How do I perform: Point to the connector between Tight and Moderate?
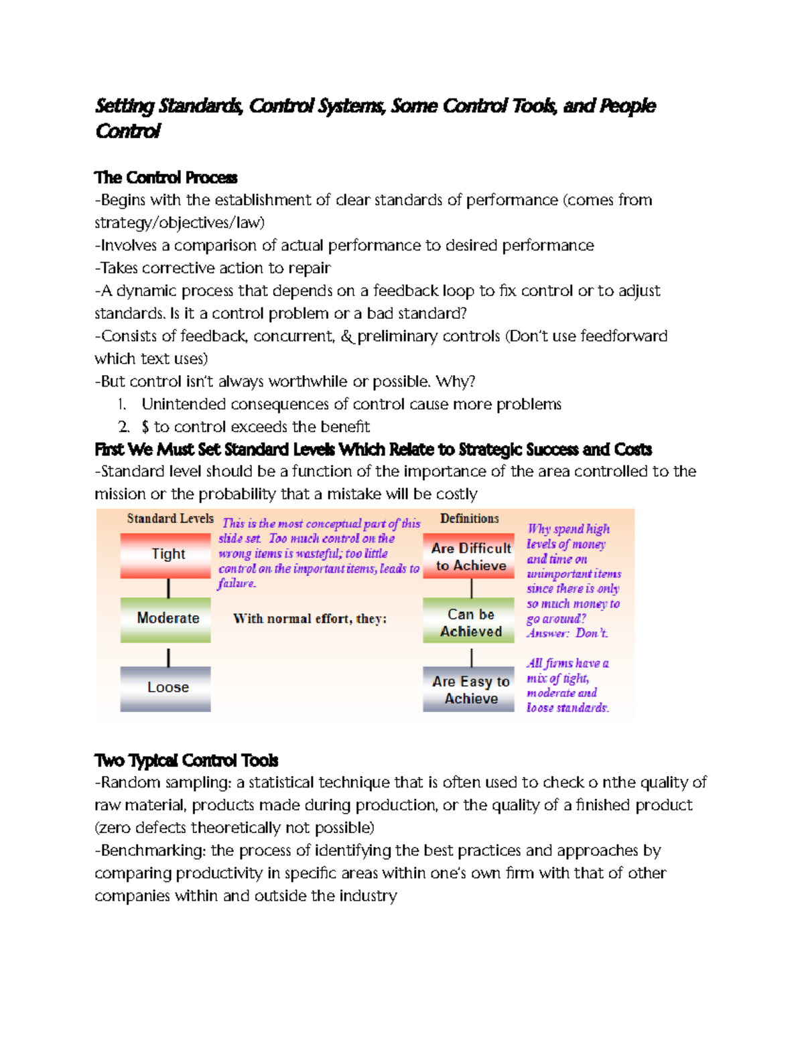point(168,588)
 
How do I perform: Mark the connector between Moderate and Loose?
point(168,656)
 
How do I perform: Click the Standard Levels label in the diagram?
point(170,518)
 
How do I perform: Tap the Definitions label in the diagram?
point(469,518)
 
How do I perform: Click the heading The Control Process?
point(165,177)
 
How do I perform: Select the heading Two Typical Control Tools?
point(186,760)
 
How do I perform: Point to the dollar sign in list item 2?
point(145,427)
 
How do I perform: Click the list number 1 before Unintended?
point(121,404)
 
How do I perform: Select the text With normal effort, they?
point(310,619)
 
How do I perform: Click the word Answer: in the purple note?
point(547,634)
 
